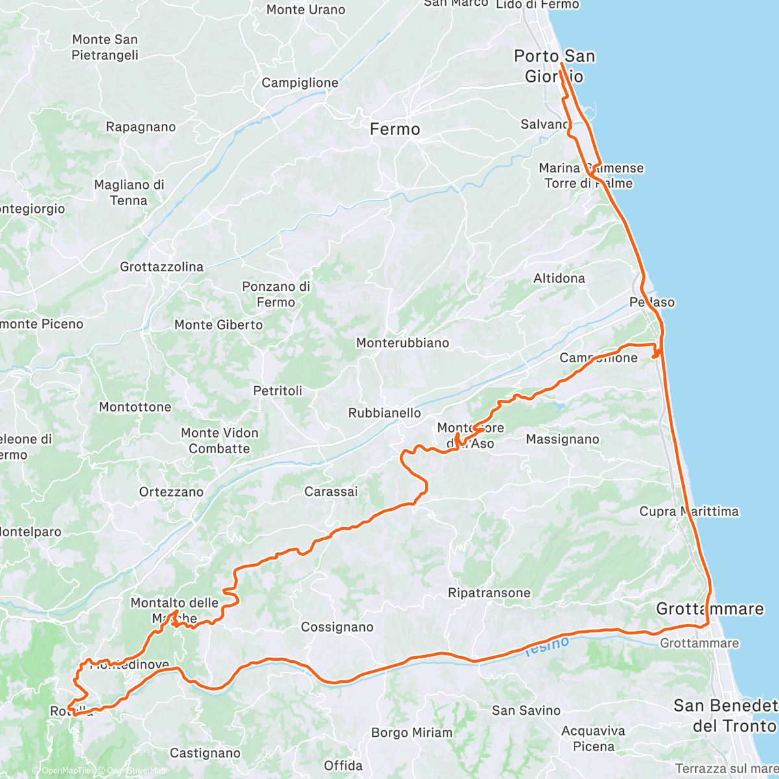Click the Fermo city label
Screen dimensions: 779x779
click(x=395, y=129)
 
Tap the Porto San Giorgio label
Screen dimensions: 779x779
click(x=554, y=66)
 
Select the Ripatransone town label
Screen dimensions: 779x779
click(x=489, y=593)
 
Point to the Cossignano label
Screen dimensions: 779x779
click(x=337, y=627)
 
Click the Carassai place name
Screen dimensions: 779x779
click(x=331, y=491)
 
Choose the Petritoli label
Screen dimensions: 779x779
click(x=278, y=391)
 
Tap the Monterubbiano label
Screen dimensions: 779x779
click(x=402, y=343)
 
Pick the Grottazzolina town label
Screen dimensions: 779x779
click(x=162, y=267)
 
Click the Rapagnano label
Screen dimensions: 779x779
click(x=141, y=127)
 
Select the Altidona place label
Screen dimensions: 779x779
click(x=559, y=278)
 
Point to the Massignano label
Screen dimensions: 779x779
click(x=562, y=439)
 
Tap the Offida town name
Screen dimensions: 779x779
click(x=343, y=765)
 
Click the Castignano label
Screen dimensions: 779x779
click(x=205, y=753)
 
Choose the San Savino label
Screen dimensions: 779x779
click(x=526, y=710)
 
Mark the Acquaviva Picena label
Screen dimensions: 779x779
click(x=593, y=738)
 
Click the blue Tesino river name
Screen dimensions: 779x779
click(x=547, y=646)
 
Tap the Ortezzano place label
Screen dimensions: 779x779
click(x=171, y=492)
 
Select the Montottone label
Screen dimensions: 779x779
click(x=135, y=407)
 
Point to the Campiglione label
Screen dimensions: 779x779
click(x=300, y=83)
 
